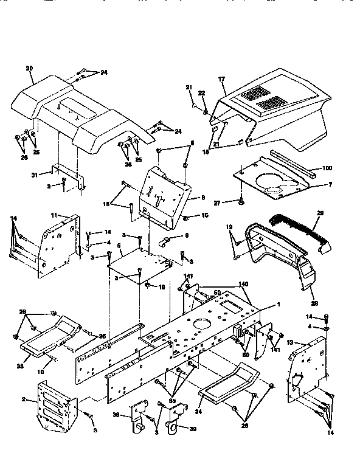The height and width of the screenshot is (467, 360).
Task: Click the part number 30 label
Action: [29, 68]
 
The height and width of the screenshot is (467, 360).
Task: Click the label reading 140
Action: [243, 283]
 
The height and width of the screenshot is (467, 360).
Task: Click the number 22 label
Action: [203, 92]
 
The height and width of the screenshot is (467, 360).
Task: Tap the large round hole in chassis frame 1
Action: [199, 323]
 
